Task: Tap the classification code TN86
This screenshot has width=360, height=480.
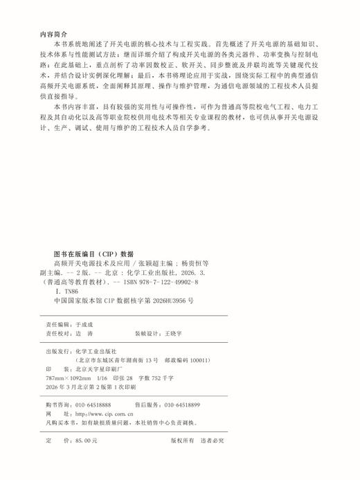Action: point(69,293)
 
